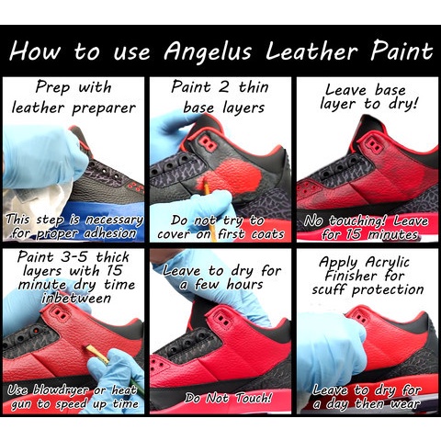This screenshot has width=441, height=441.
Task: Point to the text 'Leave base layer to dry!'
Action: pyautogui.click(x=366, y=97)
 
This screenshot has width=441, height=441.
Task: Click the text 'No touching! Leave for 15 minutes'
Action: pyautogui.click(x=366, y=228)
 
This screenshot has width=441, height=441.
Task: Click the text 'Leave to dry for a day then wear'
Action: pyautogui.click(x=366, y=397)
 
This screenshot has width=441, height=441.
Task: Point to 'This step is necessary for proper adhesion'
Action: pyautogui.click(x=73, y=227)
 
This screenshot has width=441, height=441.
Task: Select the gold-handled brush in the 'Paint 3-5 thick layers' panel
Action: pyautogui.click(x=98, y=356)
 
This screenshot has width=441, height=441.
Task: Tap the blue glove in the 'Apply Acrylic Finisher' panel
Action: pyautogui.click(x=326, y=345)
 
